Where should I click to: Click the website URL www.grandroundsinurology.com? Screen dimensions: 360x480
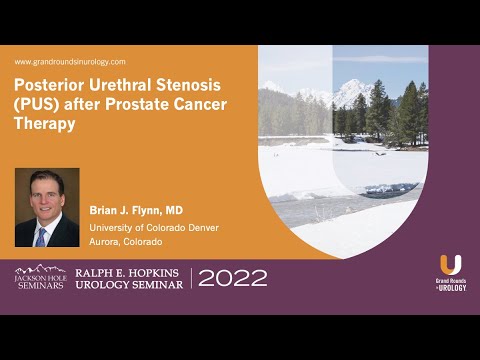point(70,62)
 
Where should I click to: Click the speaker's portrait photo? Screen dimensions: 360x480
point(47,207)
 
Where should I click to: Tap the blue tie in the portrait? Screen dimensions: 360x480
point(41,236)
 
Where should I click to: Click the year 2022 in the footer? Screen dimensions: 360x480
point(233,278)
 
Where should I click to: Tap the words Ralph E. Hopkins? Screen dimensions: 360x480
point(127,270)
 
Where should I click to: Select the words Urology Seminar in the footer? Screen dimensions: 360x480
point(127,285)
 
